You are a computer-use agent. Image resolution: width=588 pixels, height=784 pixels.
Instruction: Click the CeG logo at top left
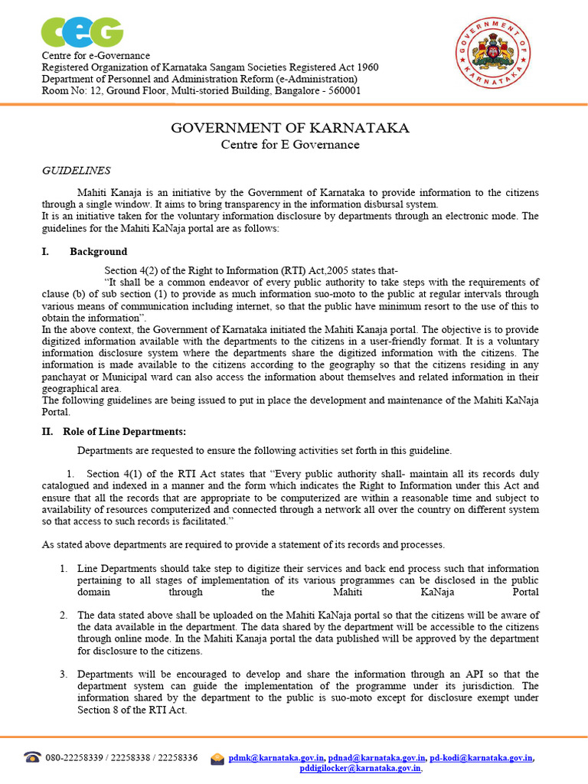coord(82,31)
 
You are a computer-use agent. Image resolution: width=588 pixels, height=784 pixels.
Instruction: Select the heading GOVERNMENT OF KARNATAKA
coord(289,127)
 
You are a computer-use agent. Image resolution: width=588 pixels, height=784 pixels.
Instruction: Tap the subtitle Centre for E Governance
coord(289,144)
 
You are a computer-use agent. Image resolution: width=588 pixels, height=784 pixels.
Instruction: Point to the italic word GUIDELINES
coord(76,171)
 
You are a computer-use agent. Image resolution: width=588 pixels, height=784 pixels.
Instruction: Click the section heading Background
coord(99,251)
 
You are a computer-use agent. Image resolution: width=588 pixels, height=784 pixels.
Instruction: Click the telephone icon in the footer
coord(32,757)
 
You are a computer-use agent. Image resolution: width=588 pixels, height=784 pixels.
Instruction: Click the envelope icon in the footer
coord(217,758)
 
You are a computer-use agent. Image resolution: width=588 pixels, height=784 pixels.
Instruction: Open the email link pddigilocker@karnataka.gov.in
coord(360,768)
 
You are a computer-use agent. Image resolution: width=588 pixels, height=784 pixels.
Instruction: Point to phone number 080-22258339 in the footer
coord(77,757)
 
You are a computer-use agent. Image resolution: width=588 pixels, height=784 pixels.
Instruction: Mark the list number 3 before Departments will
coord(63,674)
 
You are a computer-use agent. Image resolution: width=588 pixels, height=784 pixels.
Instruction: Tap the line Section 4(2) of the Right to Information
coord(251,270)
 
